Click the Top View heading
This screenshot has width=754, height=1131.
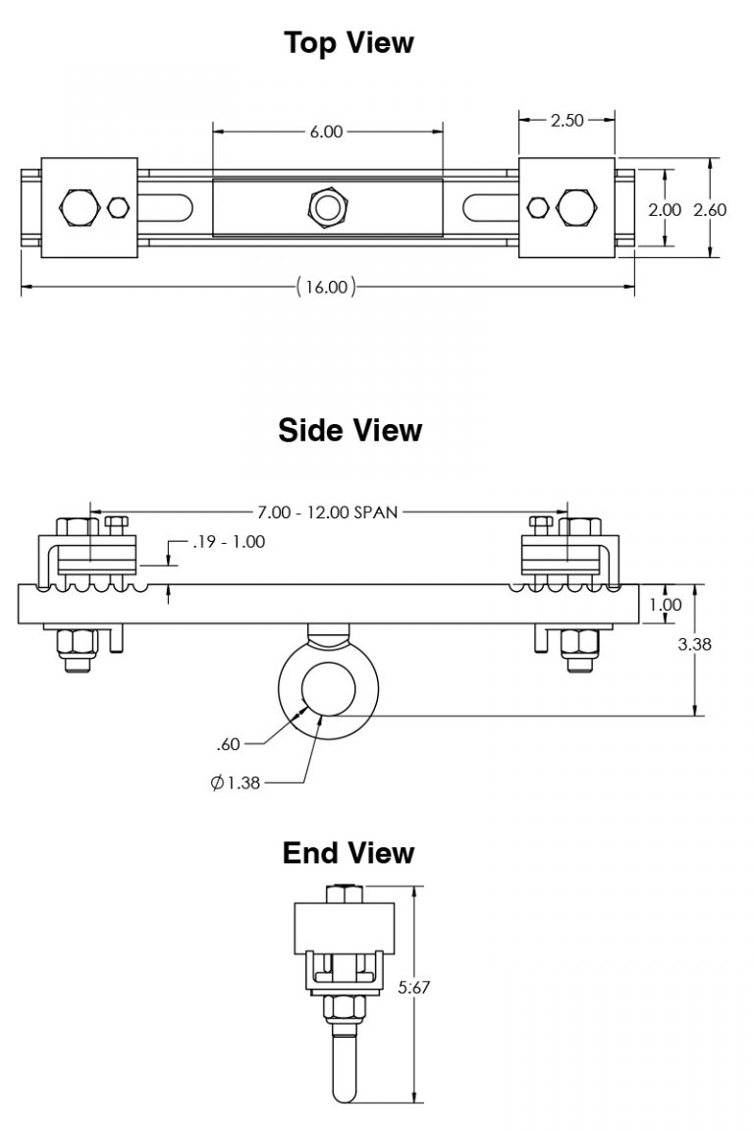click(349, 43)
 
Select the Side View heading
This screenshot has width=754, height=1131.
click(350, 430)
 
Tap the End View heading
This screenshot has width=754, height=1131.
click(349, 853)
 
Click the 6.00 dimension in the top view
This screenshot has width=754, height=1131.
click(326, 132)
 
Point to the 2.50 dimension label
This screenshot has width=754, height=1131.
click(566, 121)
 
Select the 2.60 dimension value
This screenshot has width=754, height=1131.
click(710, 209)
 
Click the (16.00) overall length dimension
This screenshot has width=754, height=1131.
click(325, 287)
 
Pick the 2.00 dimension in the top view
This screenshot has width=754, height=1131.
click(665, 209)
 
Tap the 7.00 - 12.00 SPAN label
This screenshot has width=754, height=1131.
click(327, 512)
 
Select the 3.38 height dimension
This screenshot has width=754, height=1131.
click(695, 644)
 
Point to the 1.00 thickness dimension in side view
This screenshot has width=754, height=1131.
click(665, 605)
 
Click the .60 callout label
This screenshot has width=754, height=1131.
click(228, 745)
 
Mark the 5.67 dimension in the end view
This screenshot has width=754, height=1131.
click(413, 989)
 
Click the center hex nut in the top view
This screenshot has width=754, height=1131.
click(327, 207)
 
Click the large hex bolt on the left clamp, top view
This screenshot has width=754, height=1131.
click(78, 207)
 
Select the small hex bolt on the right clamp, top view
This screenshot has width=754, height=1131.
click(537, 207)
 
